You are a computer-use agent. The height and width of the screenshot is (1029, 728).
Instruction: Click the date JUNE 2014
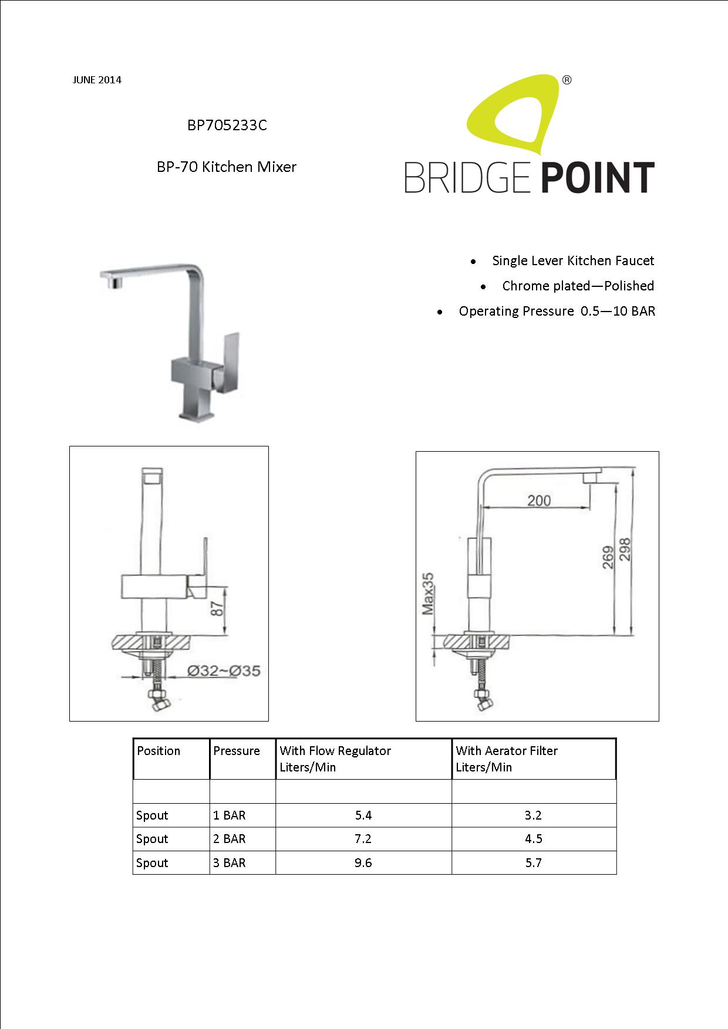point(97,80)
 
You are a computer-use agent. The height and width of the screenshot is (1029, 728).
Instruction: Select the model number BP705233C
point(227,125)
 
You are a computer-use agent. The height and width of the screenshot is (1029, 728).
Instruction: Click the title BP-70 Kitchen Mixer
point(227,167)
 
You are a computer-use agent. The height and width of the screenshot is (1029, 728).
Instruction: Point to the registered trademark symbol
point(567,80)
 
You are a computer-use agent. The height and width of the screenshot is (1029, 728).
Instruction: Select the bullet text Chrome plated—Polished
point(578,286)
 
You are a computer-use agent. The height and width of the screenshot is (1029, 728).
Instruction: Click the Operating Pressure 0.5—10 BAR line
point(557,311)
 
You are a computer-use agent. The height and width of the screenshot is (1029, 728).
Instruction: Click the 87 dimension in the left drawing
point(218,608)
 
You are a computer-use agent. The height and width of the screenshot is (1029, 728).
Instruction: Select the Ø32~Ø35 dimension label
point(224,671)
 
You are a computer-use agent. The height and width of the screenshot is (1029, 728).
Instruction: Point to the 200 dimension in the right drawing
point(538,500)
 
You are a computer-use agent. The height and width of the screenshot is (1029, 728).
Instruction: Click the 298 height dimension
point(625,550)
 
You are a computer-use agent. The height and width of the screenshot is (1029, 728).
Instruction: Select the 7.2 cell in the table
point(363,839)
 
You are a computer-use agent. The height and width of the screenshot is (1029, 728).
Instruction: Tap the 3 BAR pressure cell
point(230,863)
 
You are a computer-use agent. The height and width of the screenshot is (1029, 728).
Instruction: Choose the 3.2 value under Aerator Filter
point(533,815)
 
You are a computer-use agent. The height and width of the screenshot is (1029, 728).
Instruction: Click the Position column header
point(159,751)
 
